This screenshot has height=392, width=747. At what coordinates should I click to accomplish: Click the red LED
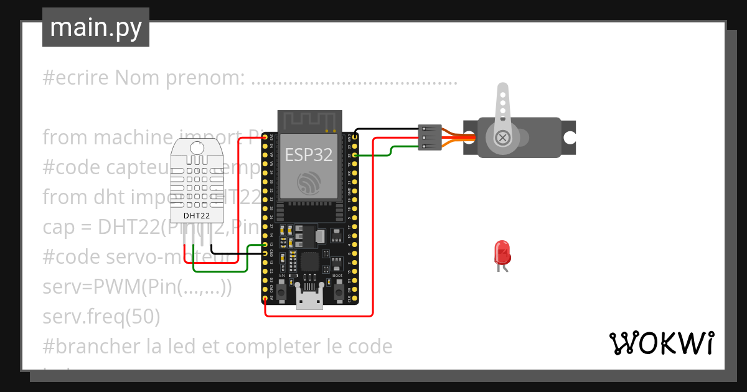(x=502, y=253)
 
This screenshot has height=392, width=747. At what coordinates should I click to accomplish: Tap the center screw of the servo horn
(x=502, y=137)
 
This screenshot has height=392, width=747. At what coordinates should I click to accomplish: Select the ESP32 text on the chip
(x=308, y=154)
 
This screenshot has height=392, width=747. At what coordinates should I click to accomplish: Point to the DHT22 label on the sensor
(x=196, y=216)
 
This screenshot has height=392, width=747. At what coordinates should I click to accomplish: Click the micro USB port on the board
(x=309, y=301)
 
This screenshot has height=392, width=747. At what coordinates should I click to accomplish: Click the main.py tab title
(x=95, y=27)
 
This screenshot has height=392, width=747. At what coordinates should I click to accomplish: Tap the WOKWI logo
(x=662, y=343)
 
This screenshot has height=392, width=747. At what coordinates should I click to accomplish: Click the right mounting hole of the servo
(x=569, y=138)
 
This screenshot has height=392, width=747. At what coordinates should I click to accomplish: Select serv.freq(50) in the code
(x=101, y=317)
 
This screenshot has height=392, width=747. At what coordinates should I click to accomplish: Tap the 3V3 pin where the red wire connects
(x=266, y=136)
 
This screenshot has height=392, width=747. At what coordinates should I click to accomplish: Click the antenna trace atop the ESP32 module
(x=309, y=120)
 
